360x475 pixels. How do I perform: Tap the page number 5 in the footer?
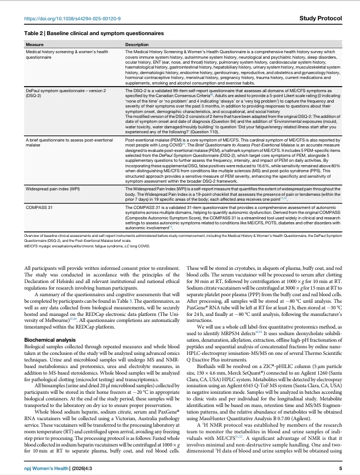340,468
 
